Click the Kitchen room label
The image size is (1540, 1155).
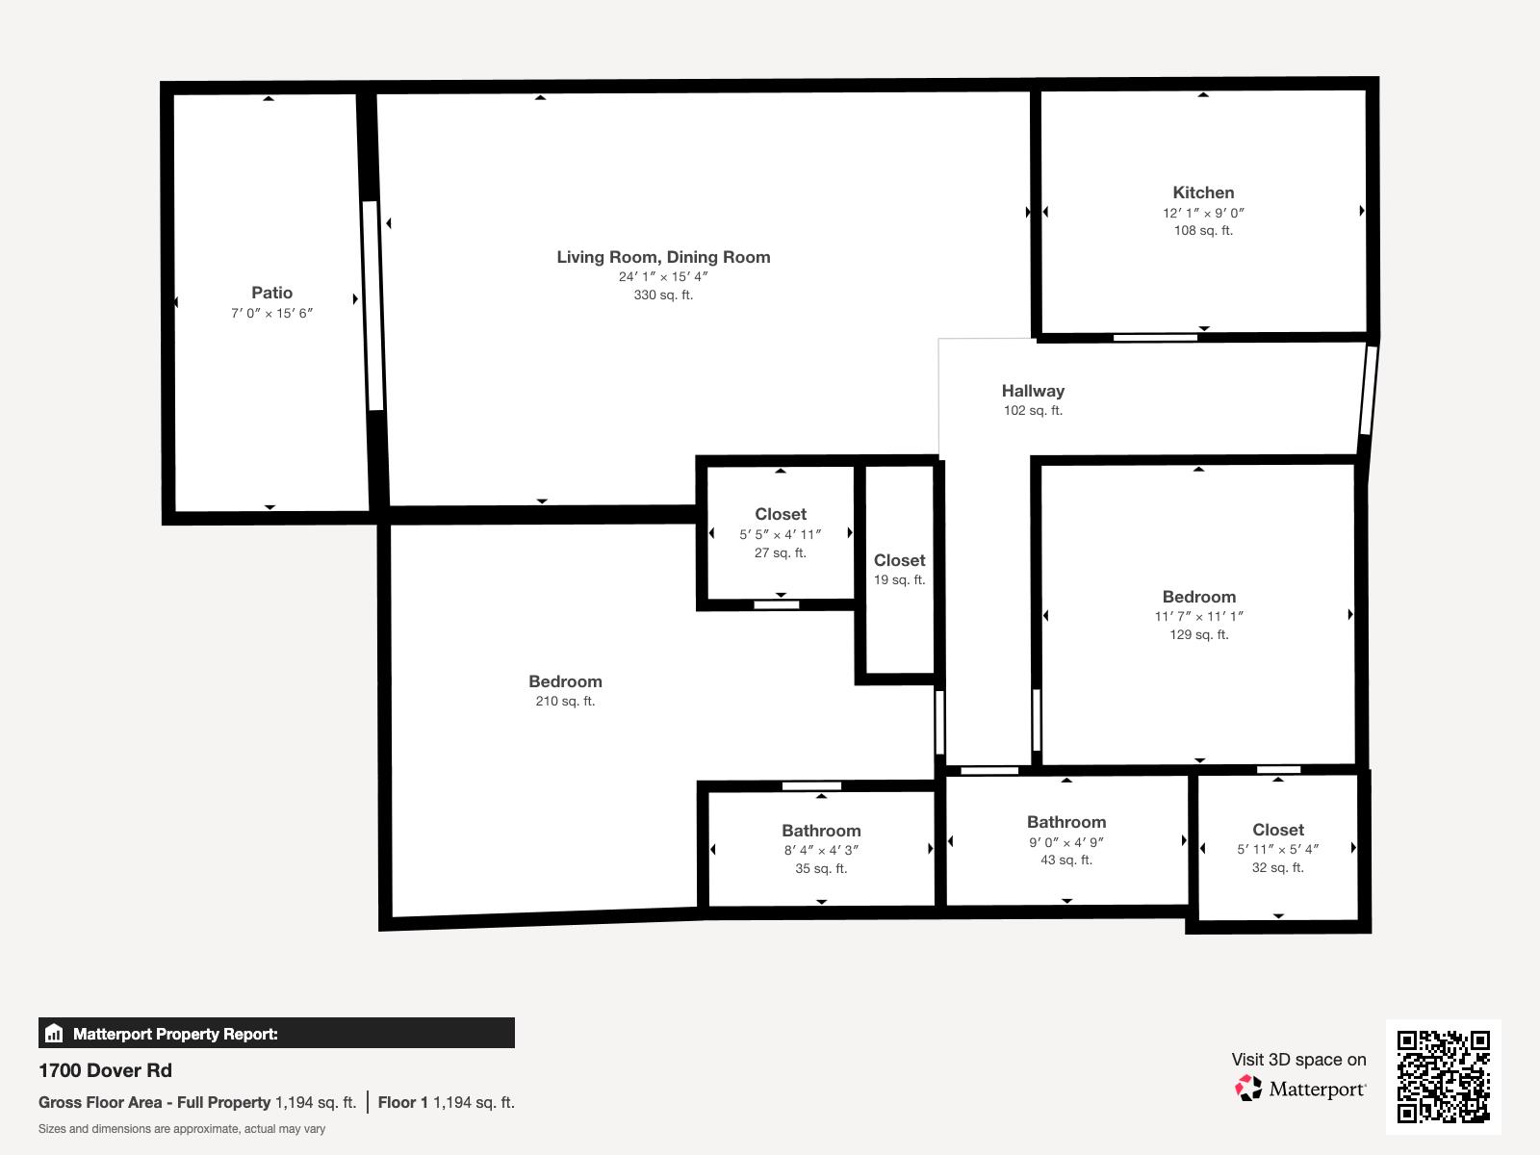(x=1203, y=192)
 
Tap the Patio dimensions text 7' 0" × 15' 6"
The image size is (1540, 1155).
(x=272, y=314)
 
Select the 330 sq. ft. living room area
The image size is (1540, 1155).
(x=663, y=295)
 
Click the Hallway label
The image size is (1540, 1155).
(x=1033, y=391)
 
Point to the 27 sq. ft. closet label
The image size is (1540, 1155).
(x=781, y=515)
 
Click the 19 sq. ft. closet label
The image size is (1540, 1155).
(x=899, y=560)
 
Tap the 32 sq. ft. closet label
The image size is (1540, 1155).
(x=1277, y=830)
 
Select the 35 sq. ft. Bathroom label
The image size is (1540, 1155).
(x=821, y=831)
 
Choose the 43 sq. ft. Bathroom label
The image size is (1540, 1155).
(x=1066, y=822)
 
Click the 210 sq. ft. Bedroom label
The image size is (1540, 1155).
(x=565, y=681)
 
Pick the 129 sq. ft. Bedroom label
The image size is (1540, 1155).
(x=1198, y=597)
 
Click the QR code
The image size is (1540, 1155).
(x=1443, y=1076)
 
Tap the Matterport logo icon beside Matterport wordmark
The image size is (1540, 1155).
(x=1248, y=1089)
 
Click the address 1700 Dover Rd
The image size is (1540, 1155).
(x=106, y=1070)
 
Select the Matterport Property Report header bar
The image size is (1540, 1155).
(x=276, y=1034)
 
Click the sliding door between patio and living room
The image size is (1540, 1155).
(x=372, y=306)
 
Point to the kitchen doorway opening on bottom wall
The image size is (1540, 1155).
(x=1155, y=337)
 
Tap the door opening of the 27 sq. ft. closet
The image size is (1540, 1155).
(x=777, y=604)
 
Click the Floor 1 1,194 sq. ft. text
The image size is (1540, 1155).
(x=446, y=1103)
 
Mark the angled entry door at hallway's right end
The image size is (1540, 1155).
(x=1369, y=391)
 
